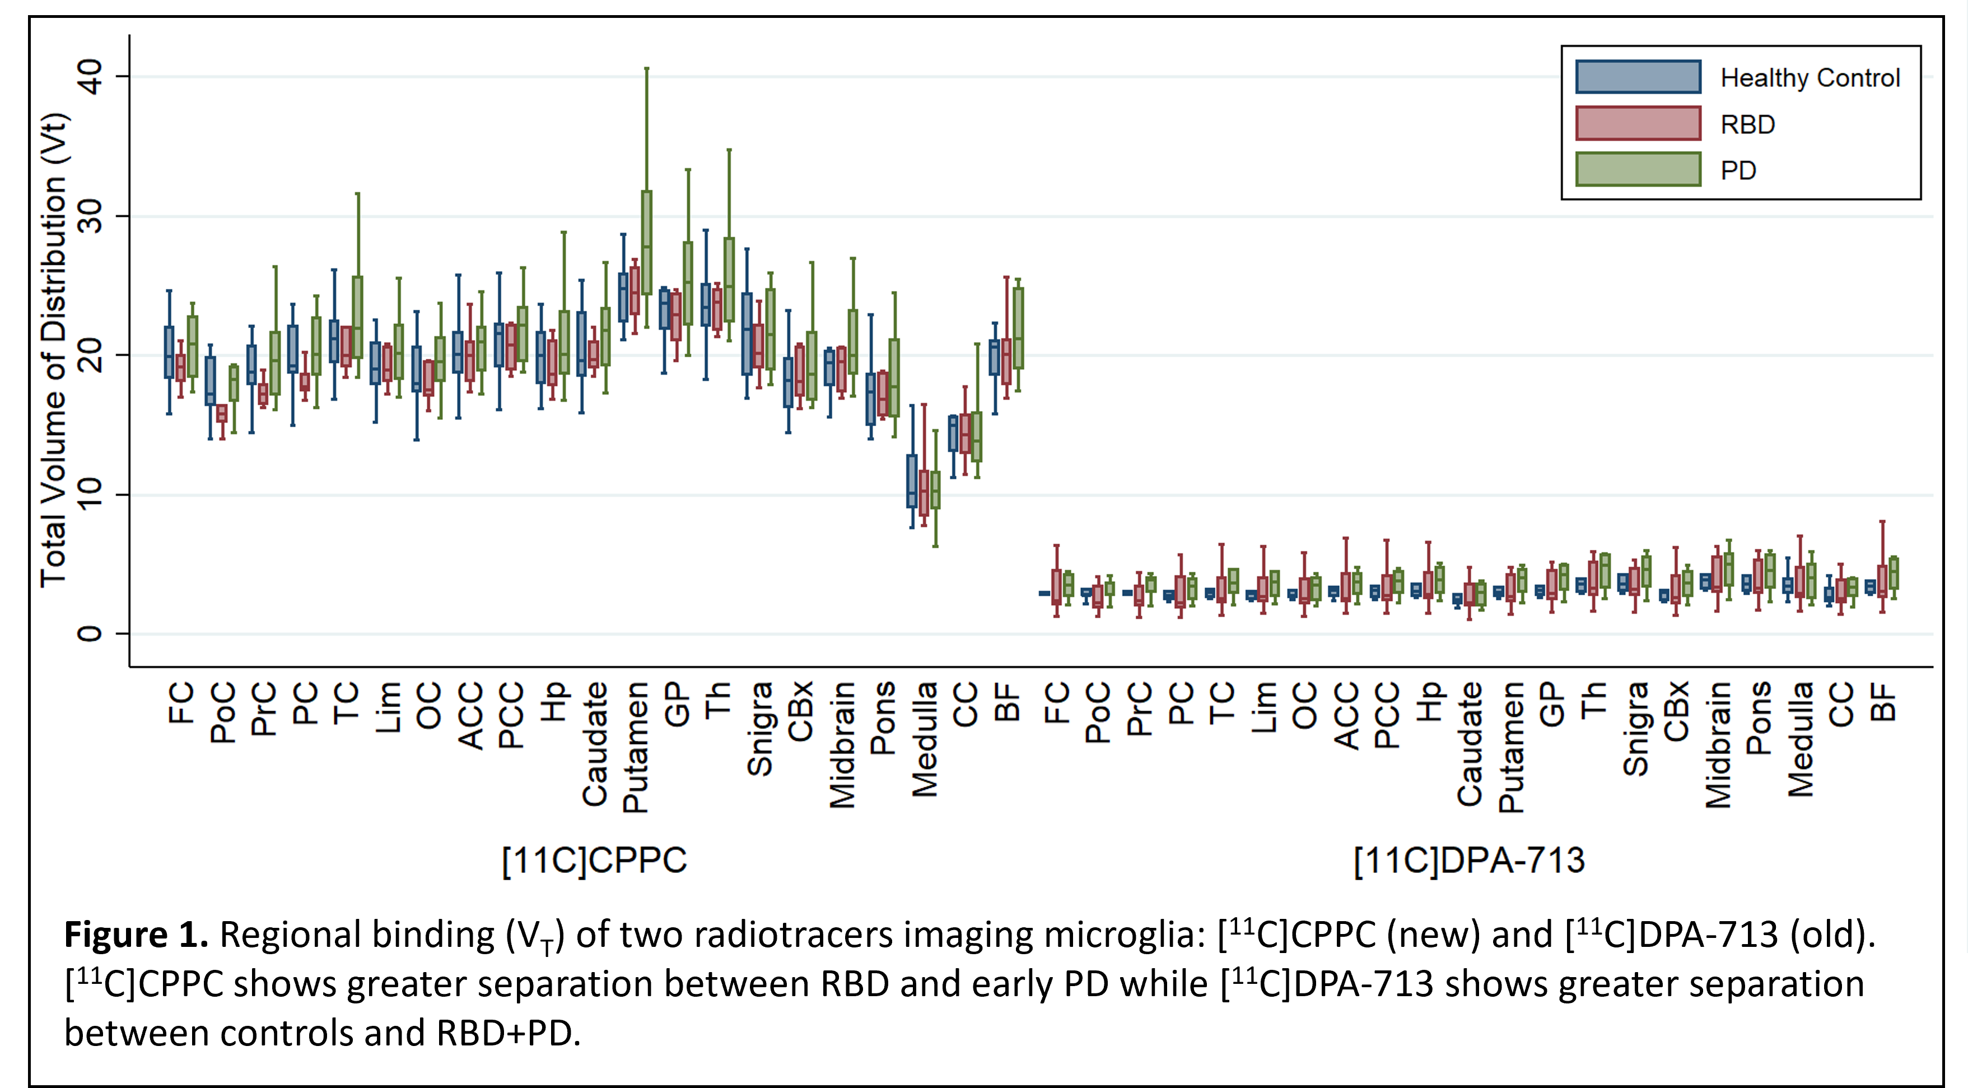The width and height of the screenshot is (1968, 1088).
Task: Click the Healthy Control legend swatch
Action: [x=1638, y=77]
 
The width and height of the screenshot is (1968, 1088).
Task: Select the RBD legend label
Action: [x=1747, y=124]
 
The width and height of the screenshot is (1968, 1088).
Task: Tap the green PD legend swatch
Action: [x=1638, y=170]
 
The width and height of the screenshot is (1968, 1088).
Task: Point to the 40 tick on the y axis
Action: [x=90, y=76]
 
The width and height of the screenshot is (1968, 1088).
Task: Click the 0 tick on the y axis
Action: [x=90, y=633]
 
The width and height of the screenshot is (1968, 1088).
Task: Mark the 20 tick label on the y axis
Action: [x=90, y=355]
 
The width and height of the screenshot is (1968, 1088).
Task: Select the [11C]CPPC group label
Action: [x=594, y=860]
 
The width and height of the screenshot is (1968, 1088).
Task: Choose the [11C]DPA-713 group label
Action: [x=1468, y=860]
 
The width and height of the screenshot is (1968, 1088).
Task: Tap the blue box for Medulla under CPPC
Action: [x=911, y=482]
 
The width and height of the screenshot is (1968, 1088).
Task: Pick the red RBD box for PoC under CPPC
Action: [x=222, y=413]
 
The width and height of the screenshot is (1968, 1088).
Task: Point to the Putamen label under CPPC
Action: [x=635, y=747]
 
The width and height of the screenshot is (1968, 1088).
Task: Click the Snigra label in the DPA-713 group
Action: [x=1635, y=730]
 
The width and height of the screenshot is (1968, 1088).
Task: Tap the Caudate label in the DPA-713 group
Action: [x=1470, y=744]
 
